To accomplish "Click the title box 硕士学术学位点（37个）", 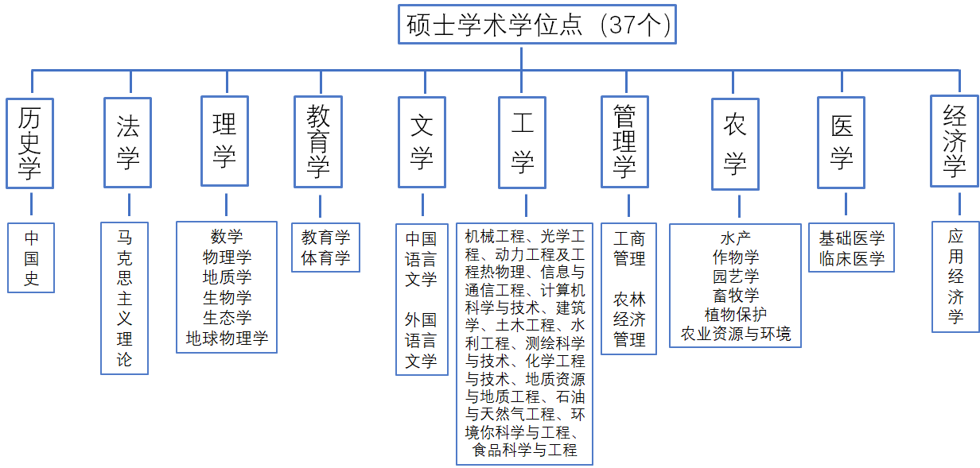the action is click(537, 25).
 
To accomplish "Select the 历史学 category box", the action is click(29, 143).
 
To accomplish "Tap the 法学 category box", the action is click(128, 142).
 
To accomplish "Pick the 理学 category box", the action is click(225, 141).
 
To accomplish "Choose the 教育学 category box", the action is click(318, 141).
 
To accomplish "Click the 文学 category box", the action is click(422, 142).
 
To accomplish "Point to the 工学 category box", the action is click(523, 142).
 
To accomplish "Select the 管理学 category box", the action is click(624, 141).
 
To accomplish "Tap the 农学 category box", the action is click(736, 144).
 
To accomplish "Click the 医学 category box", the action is click(842, 142).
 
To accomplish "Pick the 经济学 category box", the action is click(955, 141).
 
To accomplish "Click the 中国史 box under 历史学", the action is click(31, 257).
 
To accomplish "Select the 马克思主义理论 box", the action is click(125, 299).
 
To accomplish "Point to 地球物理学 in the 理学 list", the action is click(227, 338).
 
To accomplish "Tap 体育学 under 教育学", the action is click(326, 257).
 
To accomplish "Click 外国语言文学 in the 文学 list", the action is click(421, 340).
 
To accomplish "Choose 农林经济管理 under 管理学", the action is click(629, 319).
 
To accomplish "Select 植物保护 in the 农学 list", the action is click(736, 314).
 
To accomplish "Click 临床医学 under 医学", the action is click(852, 259).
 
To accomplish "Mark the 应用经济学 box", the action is click(955, 277).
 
